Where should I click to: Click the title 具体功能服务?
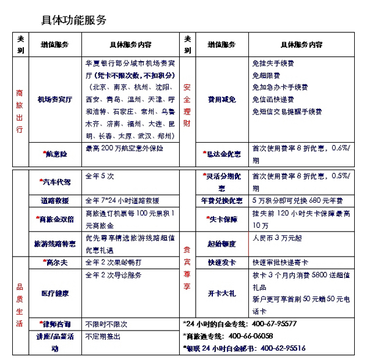pos(74,20)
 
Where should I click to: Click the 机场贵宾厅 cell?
pos(54,99)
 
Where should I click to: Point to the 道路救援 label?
pos(55,200)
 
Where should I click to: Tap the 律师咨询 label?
pos(55,323)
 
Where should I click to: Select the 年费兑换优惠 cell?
pos(221,200)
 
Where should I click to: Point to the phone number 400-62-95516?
pos(283,348)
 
